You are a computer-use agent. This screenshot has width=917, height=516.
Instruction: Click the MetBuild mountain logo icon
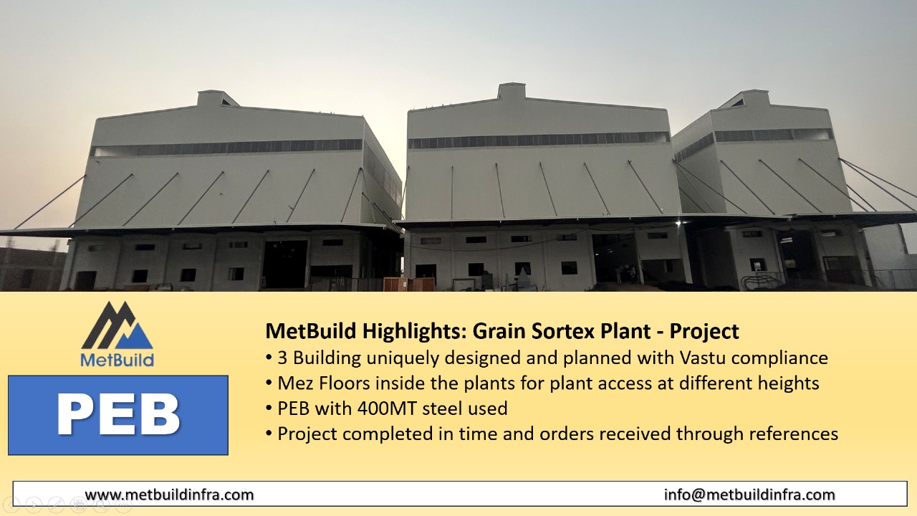click(117, 325)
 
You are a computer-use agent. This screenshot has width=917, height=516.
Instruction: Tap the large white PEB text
click(118, 414)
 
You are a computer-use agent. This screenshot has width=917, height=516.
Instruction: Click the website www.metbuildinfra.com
click(170, 494)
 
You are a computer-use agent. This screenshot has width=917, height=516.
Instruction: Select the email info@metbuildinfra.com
click(749, 494)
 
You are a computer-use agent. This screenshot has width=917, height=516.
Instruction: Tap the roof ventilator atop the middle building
click(512, 91)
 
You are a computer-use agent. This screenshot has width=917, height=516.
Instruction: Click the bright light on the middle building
click(678, 224)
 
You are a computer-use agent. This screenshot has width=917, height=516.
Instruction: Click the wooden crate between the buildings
click(408, 285)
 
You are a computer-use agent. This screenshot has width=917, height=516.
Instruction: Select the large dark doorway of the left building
click(285, 264)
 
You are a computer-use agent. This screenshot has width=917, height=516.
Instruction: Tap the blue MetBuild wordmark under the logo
click(117, 360)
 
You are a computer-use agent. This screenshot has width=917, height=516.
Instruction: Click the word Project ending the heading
click(704, 331)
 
